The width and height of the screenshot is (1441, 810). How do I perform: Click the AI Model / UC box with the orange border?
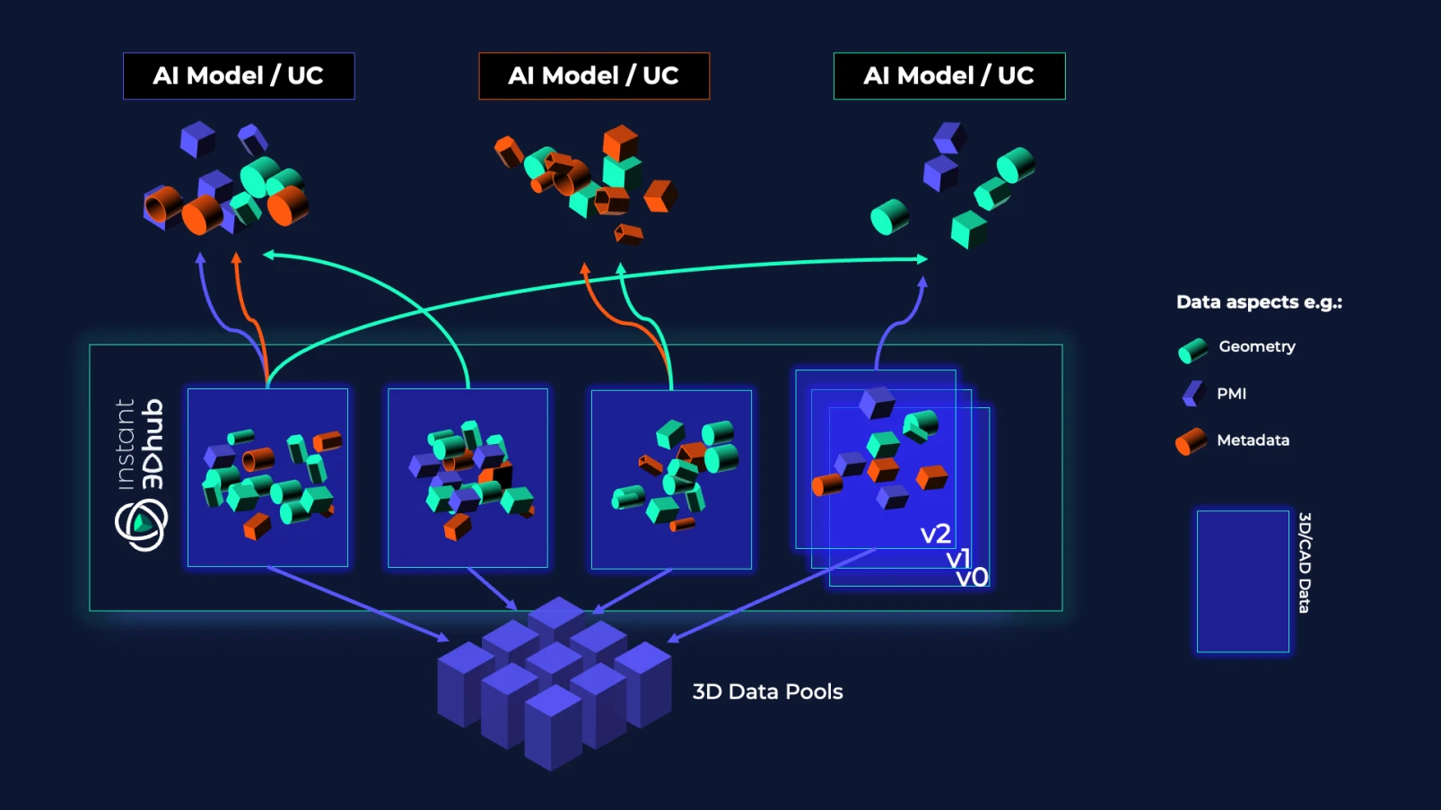tap(594, 76)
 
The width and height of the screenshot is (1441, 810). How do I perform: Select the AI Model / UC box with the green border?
tap(949, 76)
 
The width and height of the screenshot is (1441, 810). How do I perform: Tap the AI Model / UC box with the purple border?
tap(239, 76)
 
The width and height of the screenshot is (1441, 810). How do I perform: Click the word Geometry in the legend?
tap(1256, 347)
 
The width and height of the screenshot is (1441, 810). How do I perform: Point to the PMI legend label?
tap(1231, 394)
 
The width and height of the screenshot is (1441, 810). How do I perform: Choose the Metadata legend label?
tap(1253, 440)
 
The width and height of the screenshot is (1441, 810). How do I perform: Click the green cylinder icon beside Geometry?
tap(1192, 350)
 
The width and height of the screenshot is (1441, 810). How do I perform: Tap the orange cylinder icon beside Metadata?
tap(1191, 441)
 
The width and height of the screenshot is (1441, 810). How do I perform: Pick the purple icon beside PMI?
tap(1192, 394)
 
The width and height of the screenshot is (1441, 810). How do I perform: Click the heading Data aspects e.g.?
tap(1259, 302)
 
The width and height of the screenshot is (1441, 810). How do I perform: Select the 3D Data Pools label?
tap(767, 692)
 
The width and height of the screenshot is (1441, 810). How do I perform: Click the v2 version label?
tap(935, 535)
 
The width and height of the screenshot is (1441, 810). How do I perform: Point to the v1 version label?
tap(958, 559)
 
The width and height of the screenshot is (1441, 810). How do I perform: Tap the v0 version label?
tap(972, 577)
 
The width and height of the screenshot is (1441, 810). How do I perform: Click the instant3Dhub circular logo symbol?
tap(141, 525)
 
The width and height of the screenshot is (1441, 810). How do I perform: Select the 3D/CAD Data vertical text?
tap(1305, 562)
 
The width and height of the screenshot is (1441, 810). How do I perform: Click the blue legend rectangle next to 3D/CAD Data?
tap(1243, 581)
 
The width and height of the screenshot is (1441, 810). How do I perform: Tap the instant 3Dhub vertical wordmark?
tap(141, 444)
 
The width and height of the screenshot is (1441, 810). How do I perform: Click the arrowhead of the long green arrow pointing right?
tap(921, 259)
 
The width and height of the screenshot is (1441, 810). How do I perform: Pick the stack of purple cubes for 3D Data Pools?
tap(554, 682)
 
